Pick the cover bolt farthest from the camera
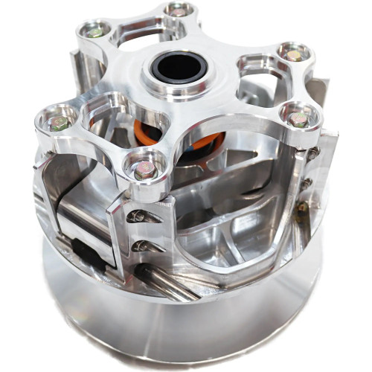(x=179, y=10)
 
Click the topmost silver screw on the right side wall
(x=313, y=152)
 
